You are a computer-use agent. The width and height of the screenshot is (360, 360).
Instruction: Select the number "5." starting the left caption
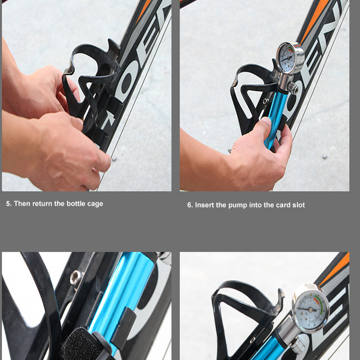coord(9,203)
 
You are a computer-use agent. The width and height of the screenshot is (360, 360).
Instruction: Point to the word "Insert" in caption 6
coord(204,205)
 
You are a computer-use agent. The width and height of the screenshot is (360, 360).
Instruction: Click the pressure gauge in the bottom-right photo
coord(310,308)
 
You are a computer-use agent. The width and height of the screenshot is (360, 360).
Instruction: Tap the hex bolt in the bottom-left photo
coord(76,277)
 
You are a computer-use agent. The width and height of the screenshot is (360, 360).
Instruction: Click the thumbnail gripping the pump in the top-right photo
coord(266,122)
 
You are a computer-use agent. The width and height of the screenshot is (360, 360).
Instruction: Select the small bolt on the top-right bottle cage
coord(266,102)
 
